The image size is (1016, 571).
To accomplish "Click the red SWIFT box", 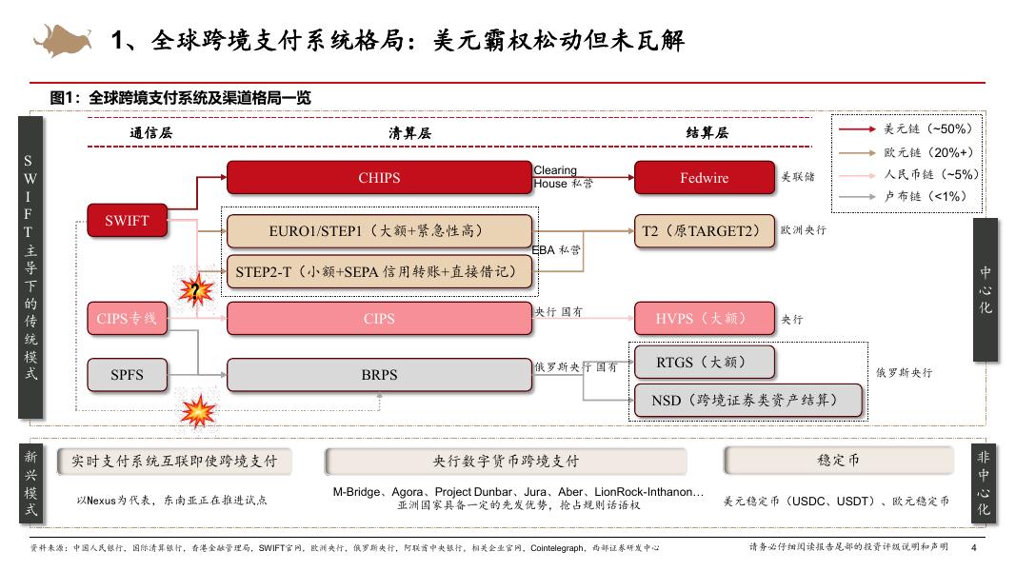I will click(127, 220).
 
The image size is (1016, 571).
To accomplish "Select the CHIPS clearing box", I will click(379, 178).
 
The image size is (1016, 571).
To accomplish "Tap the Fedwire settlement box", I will click(704, 178).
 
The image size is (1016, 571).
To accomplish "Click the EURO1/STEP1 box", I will click(379, 231).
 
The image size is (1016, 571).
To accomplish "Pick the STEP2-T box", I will click(379, 272).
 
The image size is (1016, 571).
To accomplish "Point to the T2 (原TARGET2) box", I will click(704, 231).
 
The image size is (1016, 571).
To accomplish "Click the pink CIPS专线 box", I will click(127, 319).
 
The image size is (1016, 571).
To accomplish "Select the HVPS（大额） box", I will click(704, 319).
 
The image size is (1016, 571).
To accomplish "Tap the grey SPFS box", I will click(127, 374).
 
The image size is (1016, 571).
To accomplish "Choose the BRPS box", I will click(379, 374).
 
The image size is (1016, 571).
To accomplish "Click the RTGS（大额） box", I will click(704, 362).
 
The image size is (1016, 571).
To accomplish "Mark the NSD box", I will click(747, 401).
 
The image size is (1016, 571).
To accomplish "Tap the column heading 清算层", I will click(409, 133).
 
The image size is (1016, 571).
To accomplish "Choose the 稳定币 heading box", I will click(838, 461).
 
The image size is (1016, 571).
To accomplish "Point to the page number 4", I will click(973, 548).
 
